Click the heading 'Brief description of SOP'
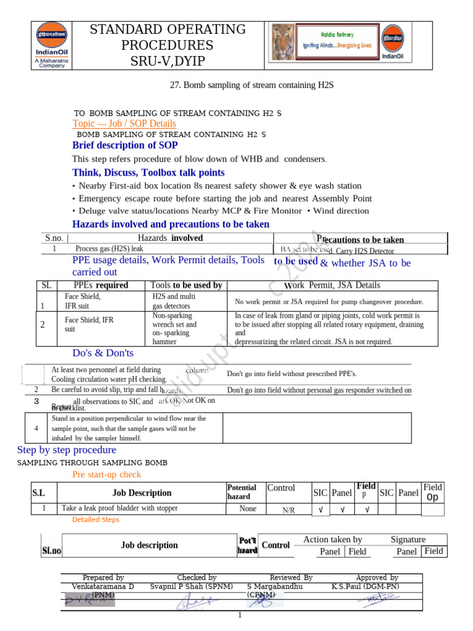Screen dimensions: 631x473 pos(125,145)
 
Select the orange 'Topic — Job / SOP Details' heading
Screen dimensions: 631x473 pos(124,124)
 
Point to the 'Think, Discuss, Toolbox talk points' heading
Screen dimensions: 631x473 pos(148,173)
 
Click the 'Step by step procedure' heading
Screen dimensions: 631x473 pos(67,450)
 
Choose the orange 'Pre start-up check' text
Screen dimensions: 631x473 pos(107,474)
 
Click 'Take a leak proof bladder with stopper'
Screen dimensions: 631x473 pos(119,508)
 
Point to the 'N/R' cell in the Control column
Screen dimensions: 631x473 pos(288,510)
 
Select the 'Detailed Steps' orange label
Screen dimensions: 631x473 pos(95,519)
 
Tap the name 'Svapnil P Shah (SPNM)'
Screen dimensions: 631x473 pos(196,587)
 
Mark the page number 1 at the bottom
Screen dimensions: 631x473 pos(240,616)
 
